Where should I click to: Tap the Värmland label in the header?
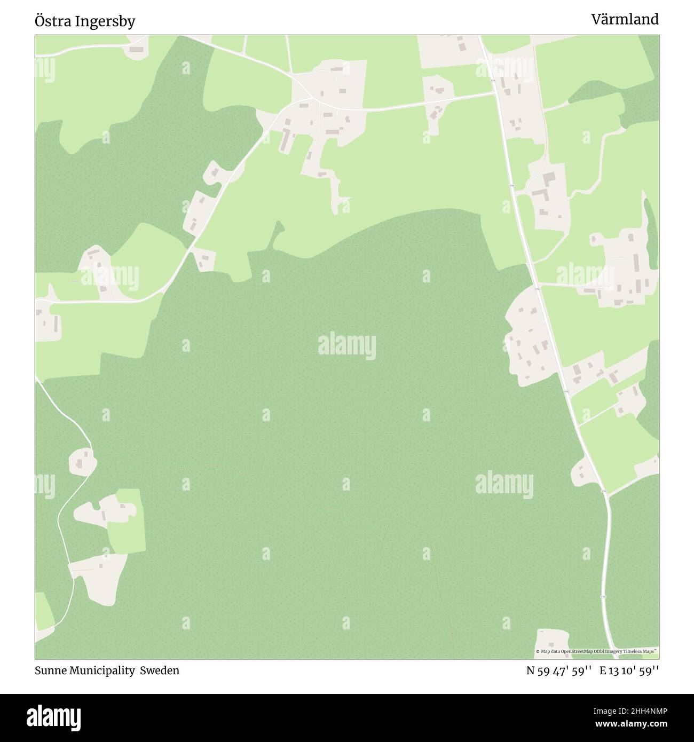click(624, 20)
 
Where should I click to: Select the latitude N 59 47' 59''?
click(558, 670)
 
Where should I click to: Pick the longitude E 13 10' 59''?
click(629, 670)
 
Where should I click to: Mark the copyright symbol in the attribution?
click(538, 651)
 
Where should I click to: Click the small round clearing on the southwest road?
click(83, 462)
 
